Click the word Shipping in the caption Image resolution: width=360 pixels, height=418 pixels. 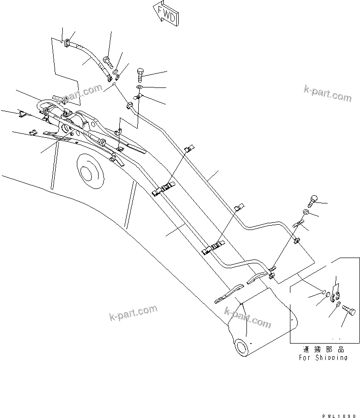pyautogui.click(x=331, y=358)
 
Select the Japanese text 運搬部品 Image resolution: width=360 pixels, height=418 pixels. pyautogui.click(x=318, y=349)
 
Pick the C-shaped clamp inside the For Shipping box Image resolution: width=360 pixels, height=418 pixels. pyautogui.click(x=335, y=295)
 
